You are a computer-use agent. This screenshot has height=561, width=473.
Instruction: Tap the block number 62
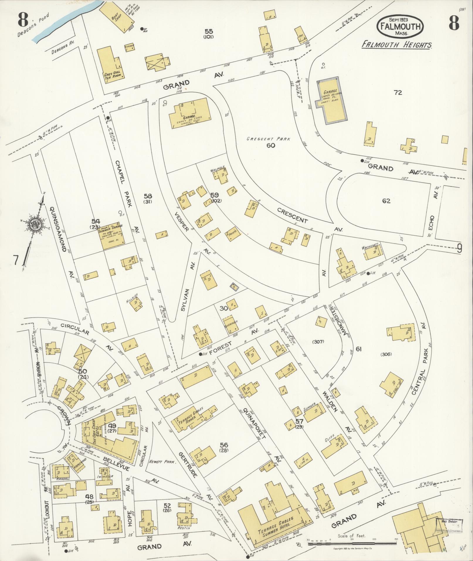(x=386, y=201)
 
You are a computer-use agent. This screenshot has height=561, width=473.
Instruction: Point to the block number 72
(x=398, y=93)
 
